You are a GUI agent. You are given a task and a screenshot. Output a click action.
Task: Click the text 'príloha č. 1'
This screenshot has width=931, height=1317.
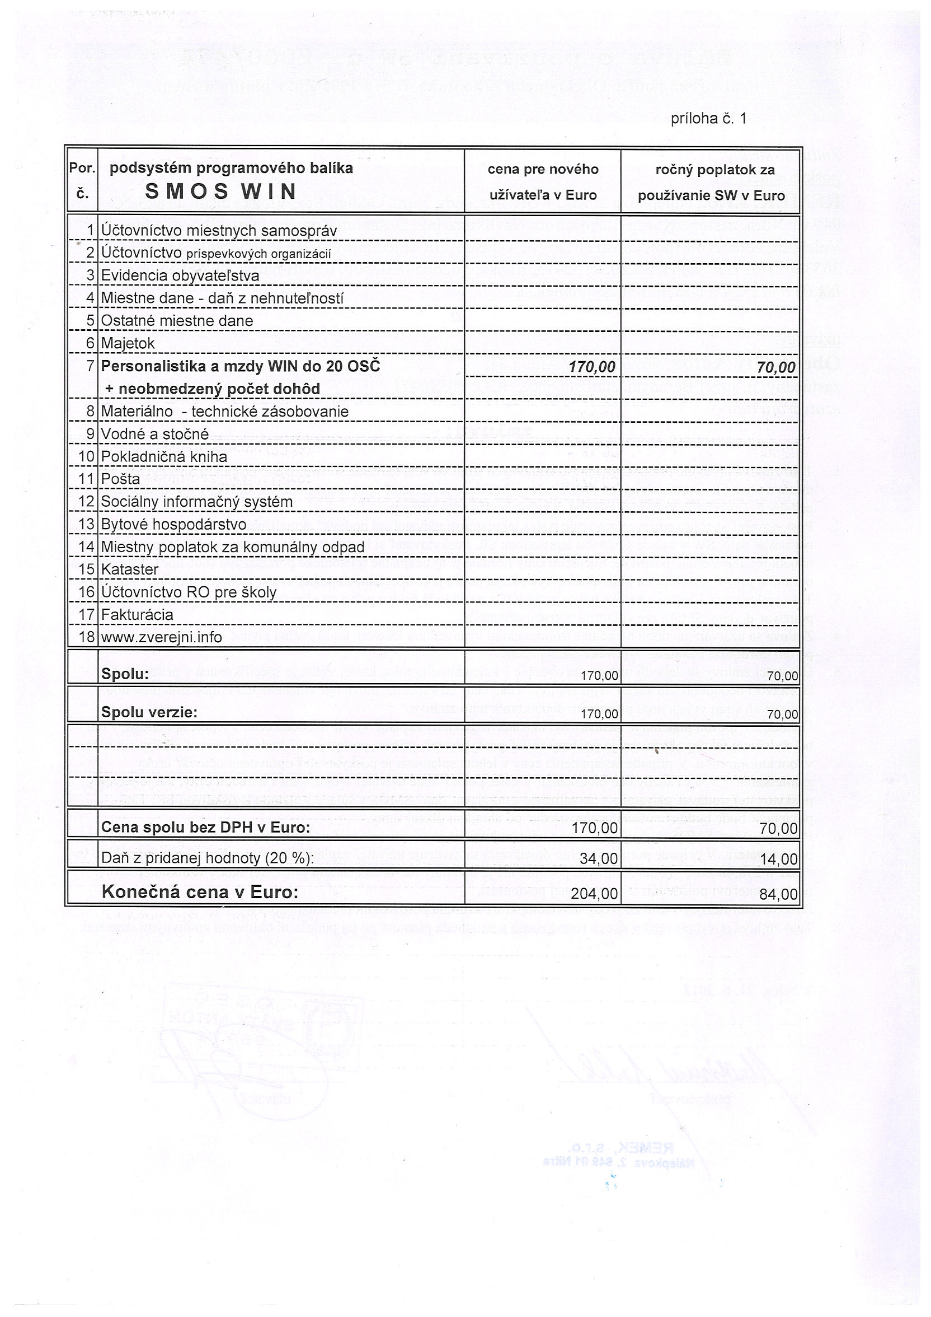(708, 119)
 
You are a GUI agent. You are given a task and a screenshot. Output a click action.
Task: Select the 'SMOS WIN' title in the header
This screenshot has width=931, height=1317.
(220, 191)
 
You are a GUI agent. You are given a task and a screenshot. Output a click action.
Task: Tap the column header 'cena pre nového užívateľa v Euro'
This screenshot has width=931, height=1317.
(543, 182)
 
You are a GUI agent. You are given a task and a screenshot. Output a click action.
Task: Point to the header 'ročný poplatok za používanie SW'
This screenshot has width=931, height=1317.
(712, 182)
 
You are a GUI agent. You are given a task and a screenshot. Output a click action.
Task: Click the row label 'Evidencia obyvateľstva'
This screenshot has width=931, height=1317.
(180, 276)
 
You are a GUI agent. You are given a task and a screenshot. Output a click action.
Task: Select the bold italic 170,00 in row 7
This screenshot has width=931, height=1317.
(591, 367)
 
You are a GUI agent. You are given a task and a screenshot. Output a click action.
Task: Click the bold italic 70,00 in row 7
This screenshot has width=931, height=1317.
(775, 368)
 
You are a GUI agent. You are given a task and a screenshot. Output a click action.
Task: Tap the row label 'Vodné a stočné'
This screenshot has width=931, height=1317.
(155, 434)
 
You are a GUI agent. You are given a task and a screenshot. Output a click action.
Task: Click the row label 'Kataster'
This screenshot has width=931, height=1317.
(130, 569)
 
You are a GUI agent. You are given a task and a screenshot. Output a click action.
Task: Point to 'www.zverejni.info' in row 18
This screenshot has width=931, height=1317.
(162, 637)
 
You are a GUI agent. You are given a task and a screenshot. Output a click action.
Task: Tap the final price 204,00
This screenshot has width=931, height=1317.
(595, 894)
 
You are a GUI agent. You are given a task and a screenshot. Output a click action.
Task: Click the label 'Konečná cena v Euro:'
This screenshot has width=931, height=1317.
(200, 892)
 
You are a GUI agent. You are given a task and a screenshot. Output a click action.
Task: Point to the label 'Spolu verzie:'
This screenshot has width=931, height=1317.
(149, 712)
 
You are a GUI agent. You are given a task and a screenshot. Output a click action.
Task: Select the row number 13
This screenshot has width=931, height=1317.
(86, 524)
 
